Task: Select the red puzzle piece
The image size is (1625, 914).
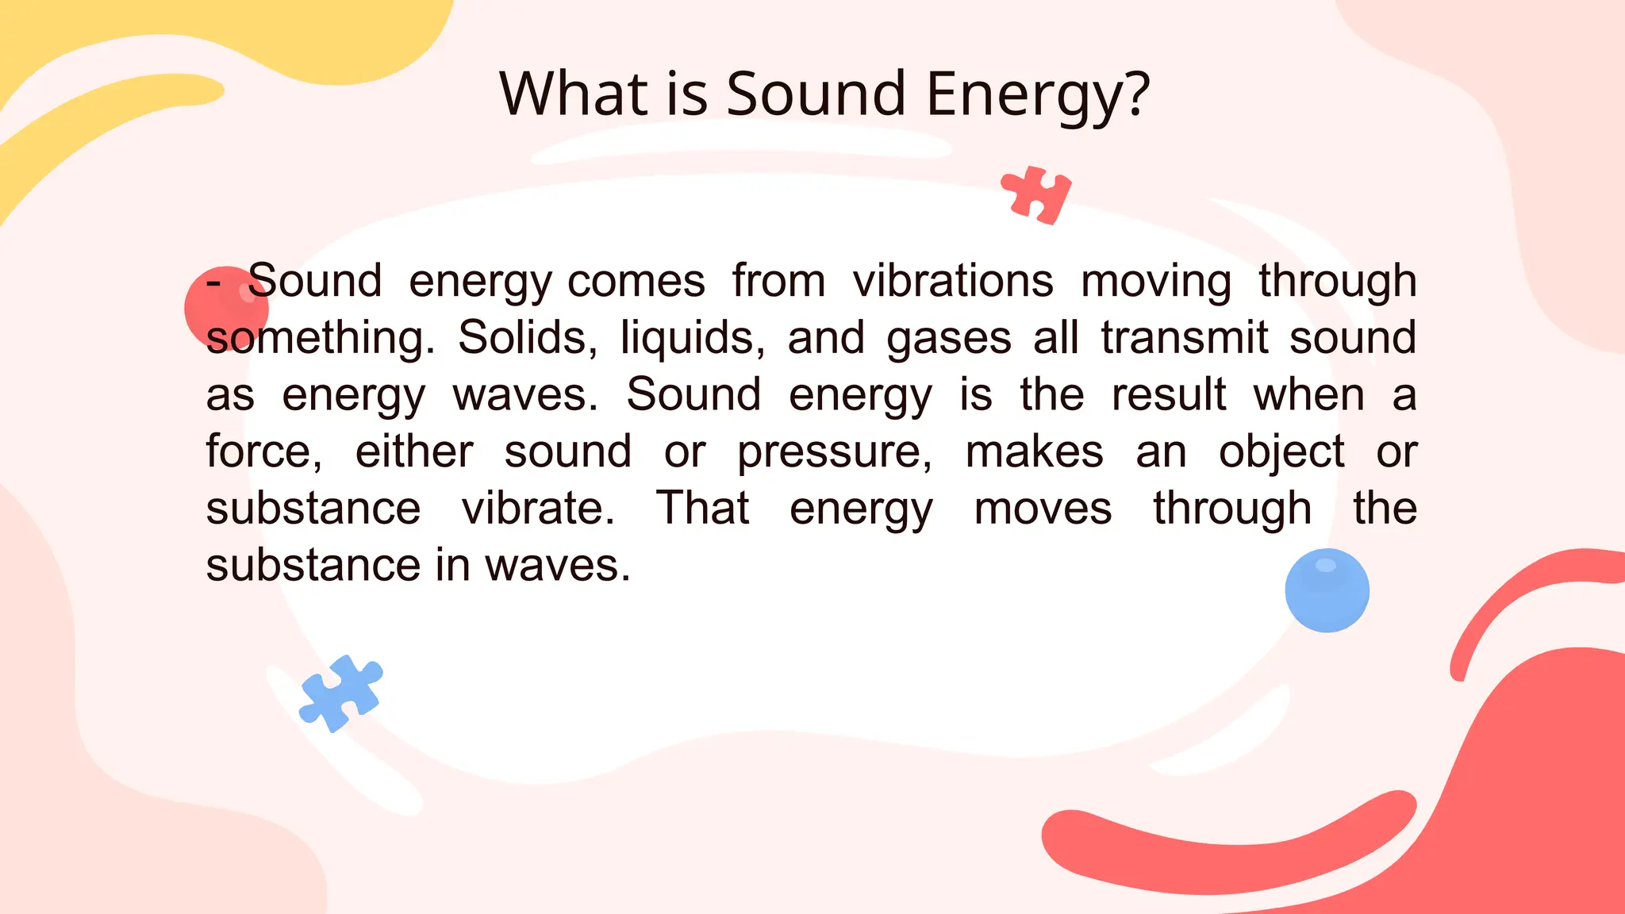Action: pyautogui.click(x=1036, y=195)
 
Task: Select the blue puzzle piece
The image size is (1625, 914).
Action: pyautogui.click(x=341, y=693)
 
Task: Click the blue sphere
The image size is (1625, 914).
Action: pyautogui.click(x=1327, y=590)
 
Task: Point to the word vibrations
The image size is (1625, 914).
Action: pyautogui.click(x=953, y=282)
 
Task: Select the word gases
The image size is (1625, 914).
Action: pyautogui.click(x=948, y=339)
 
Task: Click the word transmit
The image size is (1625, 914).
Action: pyautogui.click(x=1184, y=339)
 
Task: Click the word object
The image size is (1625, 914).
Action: pyautogui.click(x=1281, y=453)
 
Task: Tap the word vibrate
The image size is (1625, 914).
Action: pyautogui.click(x=538, y=509)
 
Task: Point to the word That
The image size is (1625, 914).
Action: pyautogui.click(x=702, y=509)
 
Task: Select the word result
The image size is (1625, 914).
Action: pyautogui.click(x=1168, y=395)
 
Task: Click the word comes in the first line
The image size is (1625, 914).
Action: pyautogui.click(x=636, y=282)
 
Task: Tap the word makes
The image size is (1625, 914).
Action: pyautogui.click(x=1034, y=452)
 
